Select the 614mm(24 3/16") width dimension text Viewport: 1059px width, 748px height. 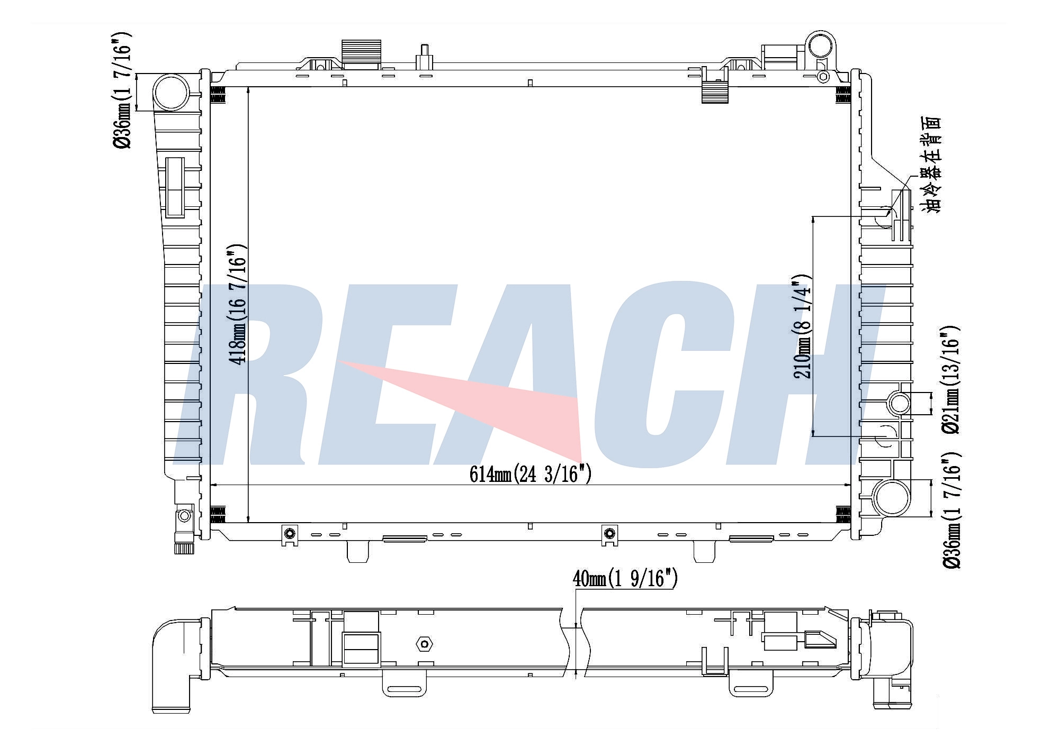531,474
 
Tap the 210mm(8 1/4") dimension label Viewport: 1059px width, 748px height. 802,326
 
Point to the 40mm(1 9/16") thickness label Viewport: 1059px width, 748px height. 625,579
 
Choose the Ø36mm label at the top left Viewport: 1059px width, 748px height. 121,90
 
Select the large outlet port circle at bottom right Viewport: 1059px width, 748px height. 892,498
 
